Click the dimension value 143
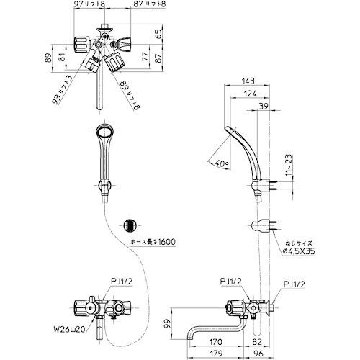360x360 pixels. pos(248,81)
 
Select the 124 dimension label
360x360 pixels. pos(250,94)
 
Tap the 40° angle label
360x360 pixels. pos(221,163)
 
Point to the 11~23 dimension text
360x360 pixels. pos(290,166)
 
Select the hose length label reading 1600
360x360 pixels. pos(164,242)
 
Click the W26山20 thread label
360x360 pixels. pos(68,330)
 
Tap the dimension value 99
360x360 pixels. pos(167,324)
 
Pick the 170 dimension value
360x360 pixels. pos(215,341)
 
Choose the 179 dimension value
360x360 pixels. pos(215,353)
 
